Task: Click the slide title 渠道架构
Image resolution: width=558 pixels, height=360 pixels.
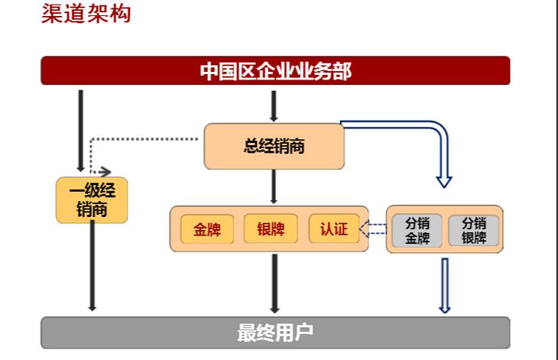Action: pos(86,15)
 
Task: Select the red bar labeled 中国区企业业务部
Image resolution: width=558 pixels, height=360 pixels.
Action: pos(275,71)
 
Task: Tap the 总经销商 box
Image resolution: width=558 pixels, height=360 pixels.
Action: pos(274,146)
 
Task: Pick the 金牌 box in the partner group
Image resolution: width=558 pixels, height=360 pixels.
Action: pos(206,229)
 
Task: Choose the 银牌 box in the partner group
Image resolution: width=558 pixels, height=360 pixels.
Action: pos(271,229)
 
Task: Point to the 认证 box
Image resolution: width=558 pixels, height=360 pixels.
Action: pos(333,229)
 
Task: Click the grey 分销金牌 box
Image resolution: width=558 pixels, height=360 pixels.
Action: pos(417,230)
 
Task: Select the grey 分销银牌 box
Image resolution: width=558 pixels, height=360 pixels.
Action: pos(473,230)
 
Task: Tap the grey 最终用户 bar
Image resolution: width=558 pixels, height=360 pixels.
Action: pos(275,332)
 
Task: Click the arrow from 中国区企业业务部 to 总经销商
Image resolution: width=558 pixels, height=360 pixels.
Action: pos(274,105)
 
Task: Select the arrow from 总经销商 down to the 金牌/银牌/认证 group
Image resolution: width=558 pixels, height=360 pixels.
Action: pos(274,186)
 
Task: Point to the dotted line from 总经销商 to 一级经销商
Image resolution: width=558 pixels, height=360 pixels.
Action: pos(145,139)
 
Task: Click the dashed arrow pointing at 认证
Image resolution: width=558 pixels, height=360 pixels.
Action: pos(374,229)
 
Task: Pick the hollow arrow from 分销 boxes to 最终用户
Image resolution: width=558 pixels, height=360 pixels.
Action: pos(444,284)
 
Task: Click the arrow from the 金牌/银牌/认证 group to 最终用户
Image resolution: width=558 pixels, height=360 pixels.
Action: pos(274,283)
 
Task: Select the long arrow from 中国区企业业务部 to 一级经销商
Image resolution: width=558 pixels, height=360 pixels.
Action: pos(80,130)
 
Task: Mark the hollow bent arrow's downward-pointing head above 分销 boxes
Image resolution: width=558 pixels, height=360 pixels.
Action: pos(444,180)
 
